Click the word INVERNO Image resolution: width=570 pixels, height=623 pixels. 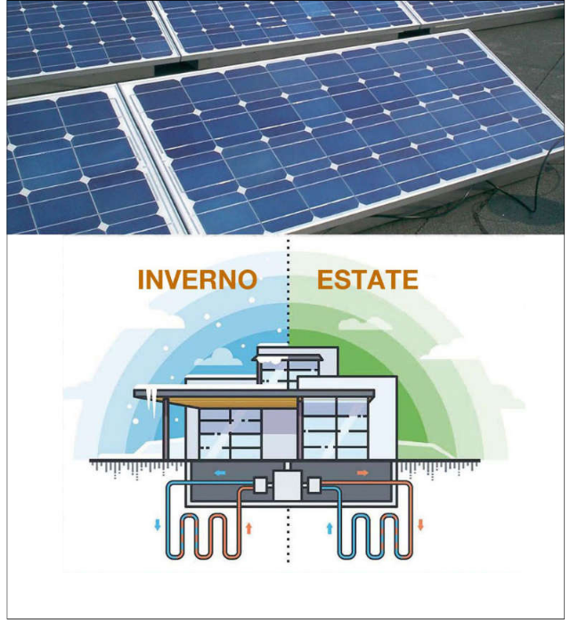[x=197, y=280]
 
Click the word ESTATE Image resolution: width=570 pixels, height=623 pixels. [x=367, y=280]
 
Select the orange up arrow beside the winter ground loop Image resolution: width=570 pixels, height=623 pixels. [x=248, y=528]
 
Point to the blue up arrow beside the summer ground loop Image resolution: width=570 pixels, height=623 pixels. [x=329, y=528]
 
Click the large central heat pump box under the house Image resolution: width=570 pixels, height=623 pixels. [x=288, y=488]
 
